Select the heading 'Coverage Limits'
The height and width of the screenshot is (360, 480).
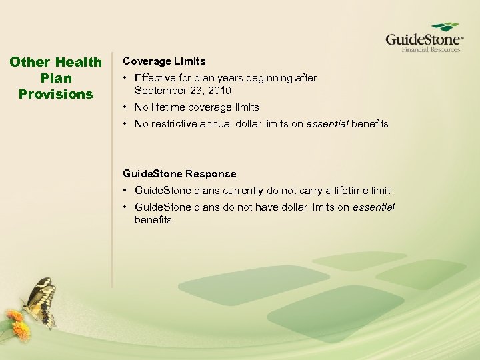point(164,61)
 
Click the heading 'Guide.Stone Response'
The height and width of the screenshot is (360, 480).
point(179,173)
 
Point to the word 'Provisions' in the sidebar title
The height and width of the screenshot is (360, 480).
point(56,94)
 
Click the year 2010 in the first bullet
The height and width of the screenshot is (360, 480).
point(220,90)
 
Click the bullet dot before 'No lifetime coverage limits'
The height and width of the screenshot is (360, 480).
point(125,107)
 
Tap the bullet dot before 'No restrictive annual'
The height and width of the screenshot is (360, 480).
point(125,124)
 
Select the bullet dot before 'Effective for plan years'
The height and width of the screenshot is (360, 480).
point(125,78)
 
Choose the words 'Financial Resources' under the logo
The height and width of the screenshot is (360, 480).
point(430,49)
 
